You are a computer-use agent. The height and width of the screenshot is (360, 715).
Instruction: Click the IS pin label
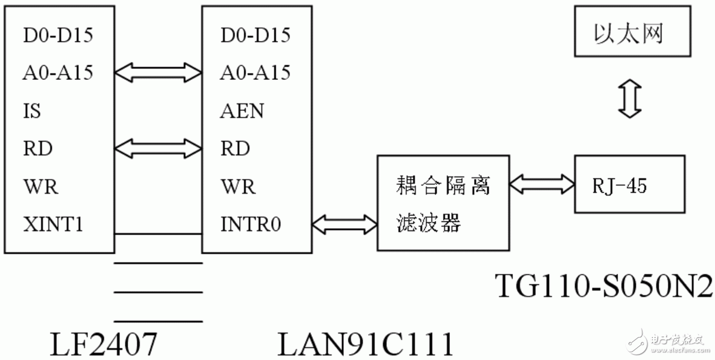tap(32, 111)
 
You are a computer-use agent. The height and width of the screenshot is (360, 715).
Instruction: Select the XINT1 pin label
tap(53, 224)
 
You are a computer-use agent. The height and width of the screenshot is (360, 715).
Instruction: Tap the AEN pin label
tap(242, 111)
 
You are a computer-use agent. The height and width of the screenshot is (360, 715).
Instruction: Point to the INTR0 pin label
tap(250, 224)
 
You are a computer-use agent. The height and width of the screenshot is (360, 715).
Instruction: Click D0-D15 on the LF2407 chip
tap(58, 35)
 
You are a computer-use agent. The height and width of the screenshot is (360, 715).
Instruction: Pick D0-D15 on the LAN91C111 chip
tap(255, 35)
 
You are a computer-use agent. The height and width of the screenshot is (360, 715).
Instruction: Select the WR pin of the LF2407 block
tap(41, 186)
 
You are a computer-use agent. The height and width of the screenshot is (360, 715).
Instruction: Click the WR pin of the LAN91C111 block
tap(238, 186)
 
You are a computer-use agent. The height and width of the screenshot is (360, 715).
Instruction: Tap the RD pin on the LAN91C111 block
tap(235, 148)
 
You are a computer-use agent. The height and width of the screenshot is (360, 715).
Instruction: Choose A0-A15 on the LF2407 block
tap(58, 73)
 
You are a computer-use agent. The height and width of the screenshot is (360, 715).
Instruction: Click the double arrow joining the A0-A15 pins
tap(157, 73)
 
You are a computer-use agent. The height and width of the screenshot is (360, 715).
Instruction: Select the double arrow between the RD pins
tap(157, 148)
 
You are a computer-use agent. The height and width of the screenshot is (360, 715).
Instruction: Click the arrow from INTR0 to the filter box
tap(344, 224)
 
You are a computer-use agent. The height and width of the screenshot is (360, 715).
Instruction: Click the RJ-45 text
tap(619, 186)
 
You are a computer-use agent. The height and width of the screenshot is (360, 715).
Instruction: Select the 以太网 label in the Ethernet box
tap(628, 33)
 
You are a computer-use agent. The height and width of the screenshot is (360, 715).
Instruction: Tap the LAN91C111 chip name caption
tap(366, 344)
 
